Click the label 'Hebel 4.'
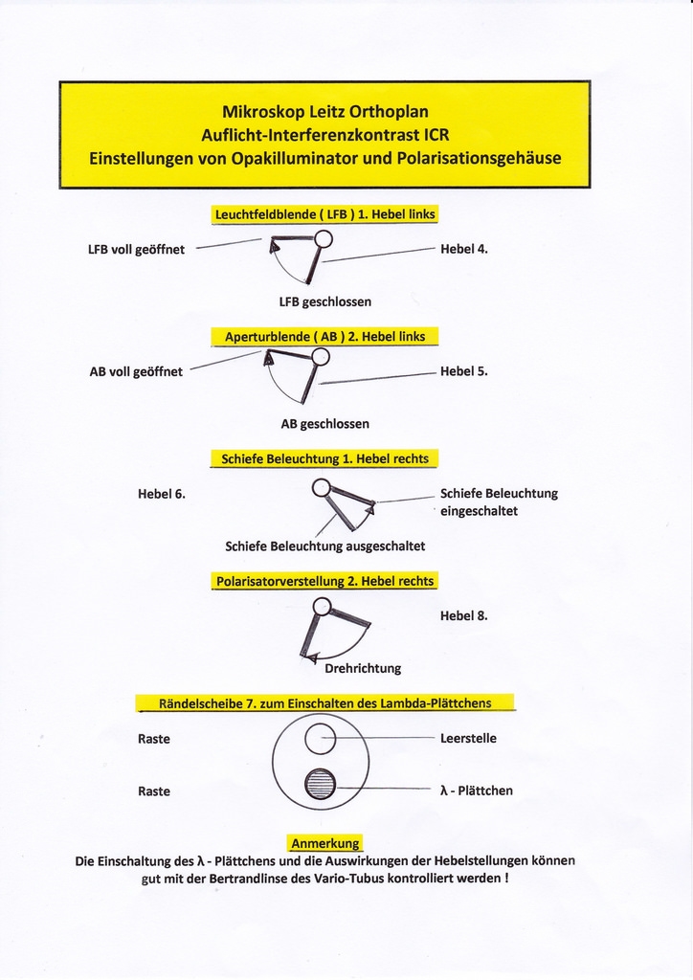[x=464, y=249]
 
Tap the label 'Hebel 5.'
[x=464, y=371]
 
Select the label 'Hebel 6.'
[x=162, y=494]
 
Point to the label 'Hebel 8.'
[x=464, y=615]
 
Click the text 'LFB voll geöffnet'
[x=136, y=250]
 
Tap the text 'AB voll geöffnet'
[x=136, y=371]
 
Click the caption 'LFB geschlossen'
[x=324, y=301]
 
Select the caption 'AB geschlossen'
[x=324, y=423]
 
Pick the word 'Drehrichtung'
[x=363, y=668]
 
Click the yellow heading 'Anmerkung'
[x=325, y=843]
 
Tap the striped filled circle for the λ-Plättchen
[x=320, y=785]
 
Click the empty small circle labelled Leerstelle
[x=319, y=738]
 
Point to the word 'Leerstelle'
[x=468, y=738]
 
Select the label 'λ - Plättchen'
[x=476, y=791]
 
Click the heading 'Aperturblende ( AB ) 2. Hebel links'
[x=324, y=337]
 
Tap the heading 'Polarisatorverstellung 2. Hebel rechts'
[x=324, y=581]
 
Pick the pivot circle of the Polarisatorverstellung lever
[x=323, y=606]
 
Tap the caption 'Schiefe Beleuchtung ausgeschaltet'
[x=324, y=546]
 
